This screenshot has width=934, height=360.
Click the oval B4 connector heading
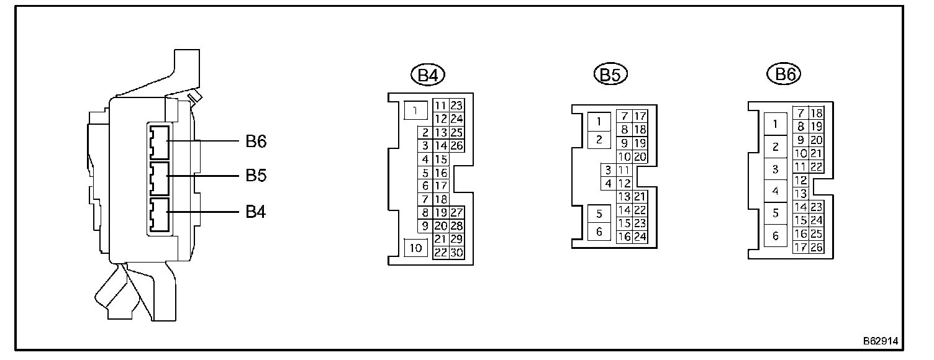click(x=428, y=76)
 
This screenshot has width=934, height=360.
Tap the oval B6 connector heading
click(x=784, y=75)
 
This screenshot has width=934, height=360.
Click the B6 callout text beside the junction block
click(x=256, y=142)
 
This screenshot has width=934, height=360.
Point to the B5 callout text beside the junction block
click(x=256, y=176)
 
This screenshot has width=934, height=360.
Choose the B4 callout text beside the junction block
click(x=256, y=212)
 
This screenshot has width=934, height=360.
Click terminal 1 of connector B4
click(x=415, y=110)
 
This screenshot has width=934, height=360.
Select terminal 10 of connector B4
click(x=415, y=248)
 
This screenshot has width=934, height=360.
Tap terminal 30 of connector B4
click(x=456, y=253)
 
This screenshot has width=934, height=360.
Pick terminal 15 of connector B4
click(x=440, y=159)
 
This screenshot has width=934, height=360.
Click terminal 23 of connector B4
click(x=456, y=106)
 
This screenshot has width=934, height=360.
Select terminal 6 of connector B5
click(x=599, y=232)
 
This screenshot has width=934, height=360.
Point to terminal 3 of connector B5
click(x=608, y=170)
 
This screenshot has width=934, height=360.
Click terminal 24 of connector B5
click(x=640, y=236)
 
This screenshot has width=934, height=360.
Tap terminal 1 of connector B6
click(x=775, y=124)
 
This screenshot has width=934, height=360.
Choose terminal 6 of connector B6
click(x=775, y=236)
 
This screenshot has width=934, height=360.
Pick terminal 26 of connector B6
click(x=816, y=247)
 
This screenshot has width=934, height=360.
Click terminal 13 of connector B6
click(x=800, y=194)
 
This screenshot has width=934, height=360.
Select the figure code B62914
click(x=880, y=341)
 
